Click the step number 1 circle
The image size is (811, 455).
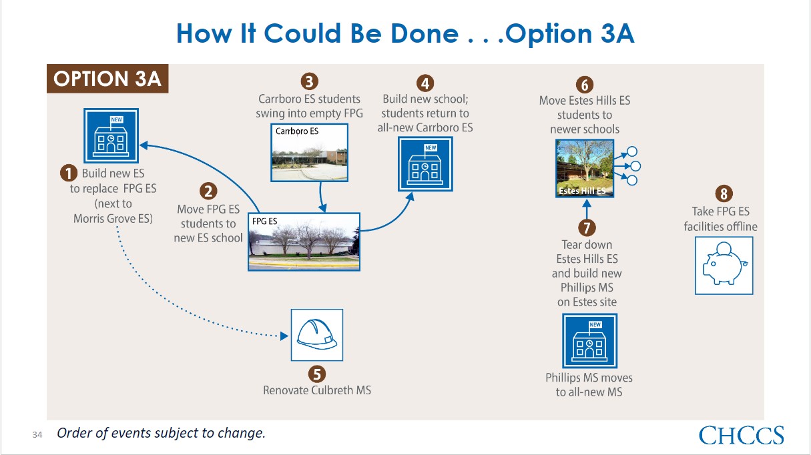69,173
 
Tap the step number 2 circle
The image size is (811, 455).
208,191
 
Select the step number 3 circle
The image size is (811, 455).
309,81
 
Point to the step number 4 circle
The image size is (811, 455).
425,83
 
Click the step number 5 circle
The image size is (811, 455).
317,374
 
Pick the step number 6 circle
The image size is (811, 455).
584,85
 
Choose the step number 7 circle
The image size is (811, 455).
587,227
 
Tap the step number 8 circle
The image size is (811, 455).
724,193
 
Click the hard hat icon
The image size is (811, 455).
317,335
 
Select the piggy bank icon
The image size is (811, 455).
724,266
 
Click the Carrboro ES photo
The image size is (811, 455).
309,152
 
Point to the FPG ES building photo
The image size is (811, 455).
304,242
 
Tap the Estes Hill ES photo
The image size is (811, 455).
584,168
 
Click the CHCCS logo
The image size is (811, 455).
741,435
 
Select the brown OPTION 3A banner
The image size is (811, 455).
107,79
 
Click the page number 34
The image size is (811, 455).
37,434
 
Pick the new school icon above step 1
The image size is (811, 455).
111,135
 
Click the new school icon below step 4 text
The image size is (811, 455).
425,164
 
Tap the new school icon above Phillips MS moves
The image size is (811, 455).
589,341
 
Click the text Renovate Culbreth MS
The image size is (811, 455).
317,390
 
